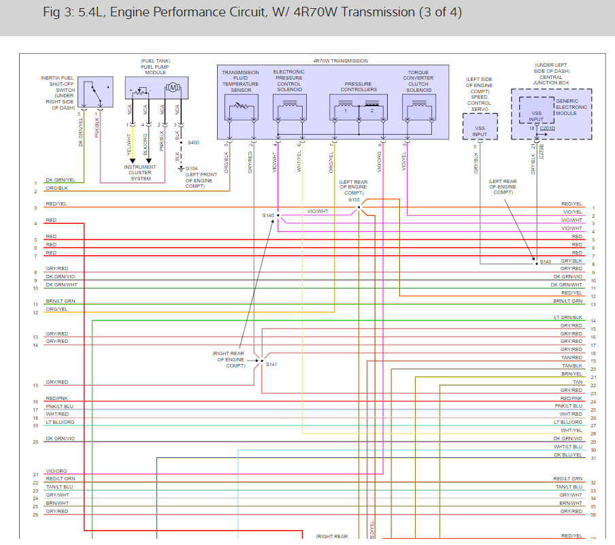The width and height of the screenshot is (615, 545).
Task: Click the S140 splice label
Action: (x=268, y=215)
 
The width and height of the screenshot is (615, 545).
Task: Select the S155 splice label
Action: (x=354, y=200)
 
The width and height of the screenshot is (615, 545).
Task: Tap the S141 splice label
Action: (x=271, y=365)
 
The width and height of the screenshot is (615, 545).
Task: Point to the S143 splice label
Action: (x=546, y=261)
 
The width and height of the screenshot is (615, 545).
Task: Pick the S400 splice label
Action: (x=193, y=143)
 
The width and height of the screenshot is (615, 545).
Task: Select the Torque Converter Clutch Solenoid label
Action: (x=418, y=81)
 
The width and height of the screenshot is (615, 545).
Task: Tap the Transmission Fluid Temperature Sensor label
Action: (x=240, y=81)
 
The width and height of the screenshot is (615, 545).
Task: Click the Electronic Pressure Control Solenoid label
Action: (x=288, y=81)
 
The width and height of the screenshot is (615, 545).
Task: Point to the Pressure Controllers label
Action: (x=359, y=87)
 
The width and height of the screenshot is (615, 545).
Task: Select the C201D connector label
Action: (x=547, y=128)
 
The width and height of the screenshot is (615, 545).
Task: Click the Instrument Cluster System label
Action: (x=140, y=173)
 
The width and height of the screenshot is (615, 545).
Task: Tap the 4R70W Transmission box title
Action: (x=340, y=61)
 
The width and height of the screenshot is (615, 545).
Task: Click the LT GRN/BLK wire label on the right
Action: (x=568, y=318)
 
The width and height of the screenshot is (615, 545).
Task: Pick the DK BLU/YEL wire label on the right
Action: (x=568, y=455)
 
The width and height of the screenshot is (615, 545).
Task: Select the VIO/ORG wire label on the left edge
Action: (x=56, y=471)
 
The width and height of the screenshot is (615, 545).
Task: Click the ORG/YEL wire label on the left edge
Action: (x=56, y=309)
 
